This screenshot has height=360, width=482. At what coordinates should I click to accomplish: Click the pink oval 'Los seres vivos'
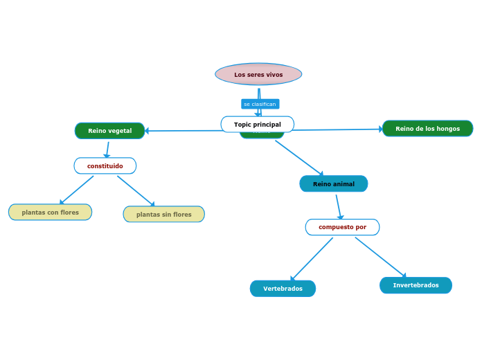(x=258, y=74)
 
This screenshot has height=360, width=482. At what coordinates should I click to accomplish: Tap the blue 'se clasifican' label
(x=260, y=104)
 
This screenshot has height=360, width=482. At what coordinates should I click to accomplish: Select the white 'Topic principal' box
(x=258, y=124)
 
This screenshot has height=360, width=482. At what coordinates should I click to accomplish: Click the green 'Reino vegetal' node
(x=109, y=130)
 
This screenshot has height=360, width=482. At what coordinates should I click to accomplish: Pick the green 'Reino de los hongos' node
(x=427, y=128)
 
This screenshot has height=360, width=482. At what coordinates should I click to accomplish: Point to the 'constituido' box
(x=105, y=165)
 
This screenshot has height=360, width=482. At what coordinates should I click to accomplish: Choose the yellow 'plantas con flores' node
(x=50, y=212)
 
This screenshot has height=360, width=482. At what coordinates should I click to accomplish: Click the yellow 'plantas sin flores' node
(x=163, y=214)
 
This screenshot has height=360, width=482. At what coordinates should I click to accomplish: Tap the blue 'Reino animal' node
(x=333, y=183)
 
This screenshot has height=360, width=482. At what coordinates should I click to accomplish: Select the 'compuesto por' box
(x=342, y=226)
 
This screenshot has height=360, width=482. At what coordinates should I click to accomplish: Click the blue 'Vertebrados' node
(x=283, y=288)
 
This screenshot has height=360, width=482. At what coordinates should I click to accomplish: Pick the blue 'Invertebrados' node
(x=416, y=285)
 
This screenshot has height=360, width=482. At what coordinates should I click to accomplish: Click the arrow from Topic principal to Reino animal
(x=299, y=158)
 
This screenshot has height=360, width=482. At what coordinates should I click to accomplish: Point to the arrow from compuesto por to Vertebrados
(x=312, y=259)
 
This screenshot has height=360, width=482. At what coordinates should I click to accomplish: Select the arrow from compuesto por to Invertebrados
(x=380, y=257)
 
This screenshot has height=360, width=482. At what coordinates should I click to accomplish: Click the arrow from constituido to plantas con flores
(x=76, y=190)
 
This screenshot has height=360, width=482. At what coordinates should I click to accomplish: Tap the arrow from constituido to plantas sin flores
(x=136, y=190)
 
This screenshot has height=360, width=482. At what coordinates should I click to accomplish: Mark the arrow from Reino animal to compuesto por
(x=339, y=206)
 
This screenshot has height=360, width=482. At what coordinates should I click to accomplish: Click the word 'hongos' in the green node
(x=448, y=128)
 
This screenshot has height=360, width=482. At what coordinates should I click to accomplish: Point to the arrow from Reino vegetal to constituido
(x=107, y=149)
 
